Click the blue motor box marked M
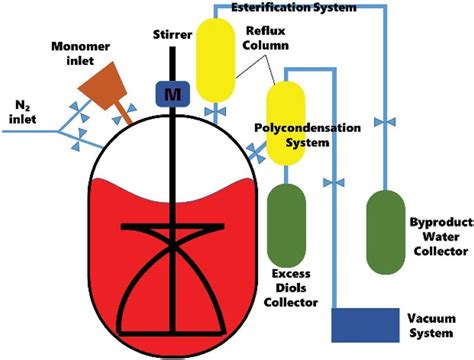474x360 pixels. (x=167, y=91)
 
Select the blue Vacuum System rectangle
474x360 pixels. (x=366, y=327)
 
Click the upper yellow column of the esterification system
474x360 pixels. (x=213, y=57)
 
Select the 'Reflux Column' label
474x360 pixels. (x=274, y=39)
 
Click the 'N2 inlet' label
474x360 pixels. (x=23, y=109)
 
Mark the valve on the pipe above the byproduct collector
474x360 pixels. (x=381, y=123)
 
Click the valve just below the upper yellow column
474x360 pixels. (x=213, y=107)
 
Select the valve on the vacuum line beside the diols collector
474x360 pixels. (x=337, y=183)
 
